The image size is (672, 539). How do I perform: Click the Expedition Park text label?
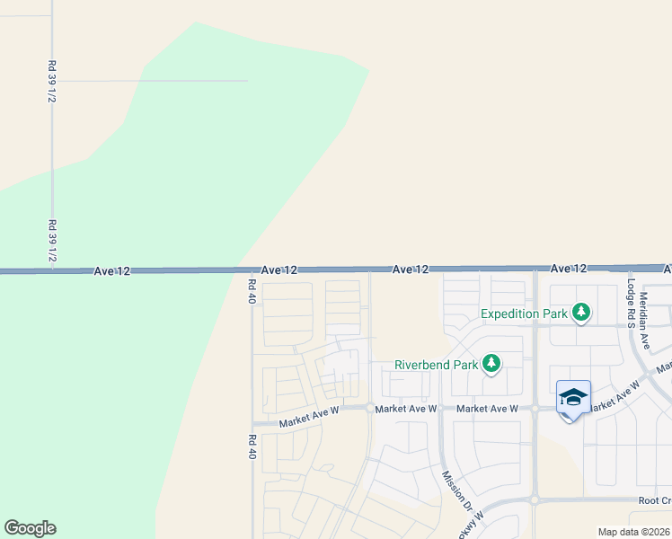524,314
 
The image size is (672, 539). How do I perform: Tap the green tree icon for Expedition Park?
582,313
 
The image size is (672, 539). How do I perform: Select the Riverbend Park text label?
434,366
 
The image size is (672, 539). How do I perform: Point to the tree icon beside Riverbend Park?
491,364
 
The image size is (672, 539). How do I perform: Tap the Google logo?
30,528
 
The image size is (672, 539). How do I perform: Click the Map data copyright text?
634,532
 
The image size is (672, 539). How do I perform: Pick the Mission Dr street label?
453,485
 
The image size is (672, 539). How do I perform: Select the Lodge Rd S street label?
632,303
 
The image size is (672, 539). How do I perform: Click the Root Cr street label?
655,500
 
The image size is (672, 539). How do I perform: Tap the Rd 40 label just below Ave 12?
252,291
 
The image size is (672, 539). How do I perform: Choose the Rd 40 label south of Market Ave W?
252,447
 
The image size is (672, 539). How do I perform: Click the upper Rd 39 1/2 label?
52,82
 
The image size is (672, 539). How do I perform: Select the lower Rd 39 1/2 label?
52,241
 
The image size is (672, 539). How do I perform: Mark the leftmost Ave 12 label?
111,270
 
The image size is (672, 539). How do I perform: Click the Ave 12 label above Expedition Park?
568,269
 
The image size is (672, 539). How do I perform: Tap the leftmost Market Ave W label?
308,410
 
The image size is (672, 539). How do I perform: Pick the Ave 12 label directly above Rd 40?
279,269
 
